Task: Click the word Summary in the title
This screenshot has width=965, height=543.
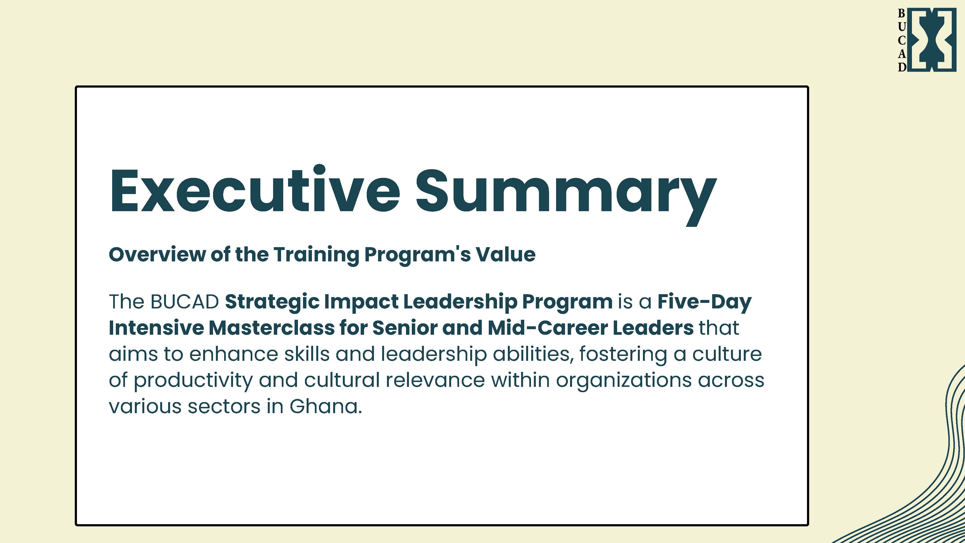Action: tap(566, 195)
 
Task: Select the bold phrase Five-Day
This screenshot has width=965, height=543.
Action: tap(704, 302)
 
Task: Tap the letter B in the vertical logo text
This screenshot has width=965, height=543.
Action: tap(902, 14)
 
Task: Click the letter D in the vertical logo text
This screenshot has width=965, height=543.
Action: tap(902, 67)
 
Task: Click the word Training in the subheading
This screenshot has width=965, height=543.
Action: tap(316, 255)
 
